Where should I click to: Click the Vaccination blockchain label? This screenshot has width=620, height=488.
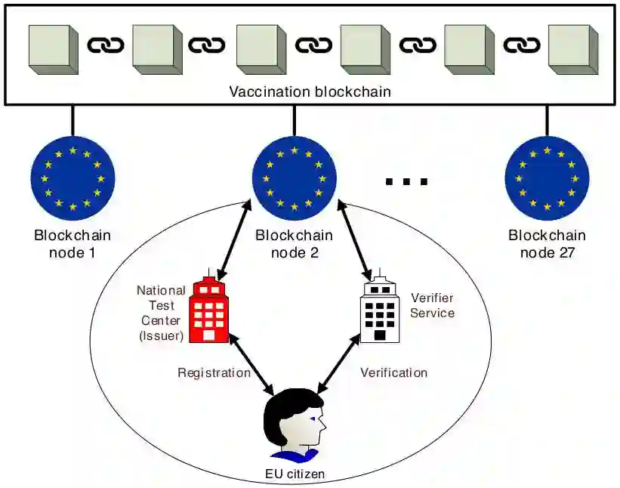(x=309, y=92)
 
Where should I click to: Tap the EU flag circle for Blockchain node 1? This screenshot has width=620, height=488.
(x=72, y=178)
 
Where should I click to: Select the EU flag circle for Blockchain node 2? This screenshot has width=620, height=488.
(x=294, y=178)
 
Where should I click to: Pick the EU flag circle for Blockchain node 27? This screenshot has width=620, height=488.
(x=546, y=178)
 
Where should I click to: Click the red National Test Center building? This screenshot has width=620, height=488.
(x=208, y=310)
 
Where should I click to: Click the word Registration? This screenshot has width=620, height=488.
(x=214, y=372)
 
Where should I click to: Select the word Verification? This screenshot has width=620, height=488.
(x=393, y=372)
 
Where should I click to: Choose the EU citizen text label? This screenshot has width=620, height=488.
(x=294, y=474)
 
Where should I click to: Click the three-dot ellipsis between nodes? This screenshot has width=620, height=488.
(x=406, y=181)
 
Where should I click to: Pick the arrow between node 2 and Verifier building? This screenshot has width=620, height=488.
(x=355, y=240)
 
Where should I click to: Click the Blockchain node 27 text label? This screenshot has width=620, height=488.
(x=547, y=243)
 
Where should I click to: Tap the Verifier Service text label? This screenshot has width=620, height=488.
(x=432, y=304)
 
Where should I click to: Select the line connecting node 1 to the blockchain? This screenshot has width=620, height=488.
(x=72, y=120)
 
